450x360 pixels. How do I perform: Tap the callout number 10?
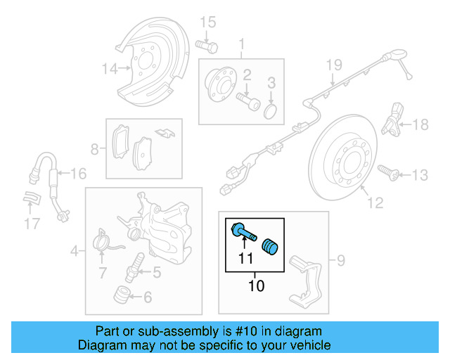click(255, 286)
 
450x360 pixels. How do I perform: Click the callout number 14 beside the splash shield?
click(109, 69)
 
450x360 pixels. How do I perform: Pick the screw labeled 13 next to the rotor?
click(387, 171)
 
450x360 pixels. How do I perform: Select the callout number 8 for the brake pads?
click(95, 148)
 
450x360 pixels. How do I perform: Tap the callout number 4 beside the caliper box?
click(75, 249)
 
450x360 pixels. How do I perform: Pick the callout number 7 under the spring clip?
click(102, 272)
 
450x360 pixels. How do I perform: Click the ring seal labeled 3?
click(271, 112)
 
